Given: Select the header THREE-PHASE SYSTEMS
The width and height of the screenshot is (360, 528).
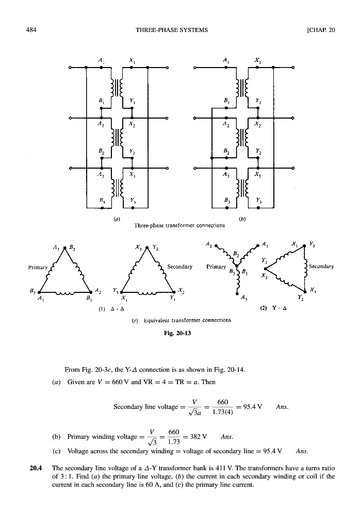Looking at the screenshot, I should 172,30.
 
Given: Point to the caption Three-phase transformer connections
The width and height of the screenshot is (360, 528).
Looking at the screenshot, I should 179,225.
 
